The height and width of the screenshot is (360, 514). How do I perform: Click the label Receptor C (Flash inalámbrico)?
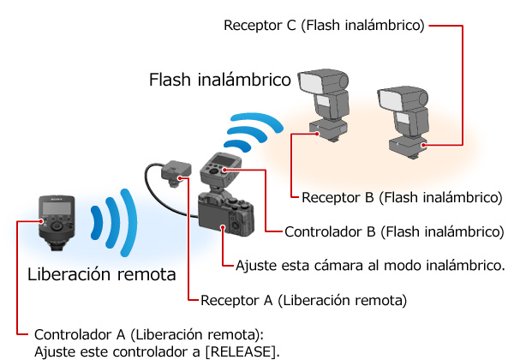[324, 25]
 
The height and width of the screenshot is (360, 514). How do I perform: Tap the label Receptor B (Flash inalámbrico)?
[402, 197]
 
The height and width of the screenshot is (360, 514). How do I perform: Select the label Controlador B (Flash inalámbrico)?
[394, 231]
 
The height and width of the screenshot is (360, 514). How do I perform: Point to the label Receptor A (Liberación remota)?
[303, 300]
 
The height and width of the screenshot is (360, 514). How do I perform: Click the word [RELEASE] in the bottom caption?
[242, 351]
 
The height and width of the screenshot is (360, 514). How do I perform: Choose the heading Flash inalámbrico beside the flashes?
[220, 80]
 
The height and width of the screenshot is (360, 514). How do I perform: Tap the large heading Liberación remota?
[102, 274]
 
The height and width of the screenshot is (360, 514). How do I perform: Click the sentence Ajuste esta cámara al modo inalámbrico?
[370, 265]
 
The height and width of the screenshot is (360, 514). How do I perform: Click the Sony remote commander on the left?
[57, 222]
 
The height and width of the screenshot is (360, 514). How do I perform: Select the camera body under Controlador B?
[226, 214]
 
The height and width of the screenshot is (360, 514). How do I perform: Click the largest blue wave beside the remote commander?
[129, 222]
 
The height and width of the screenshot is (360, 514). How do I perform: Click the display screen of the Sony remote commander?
[57, 208]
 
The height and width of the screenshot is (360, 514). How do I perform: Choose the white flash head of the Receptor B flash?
[313, 82]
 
